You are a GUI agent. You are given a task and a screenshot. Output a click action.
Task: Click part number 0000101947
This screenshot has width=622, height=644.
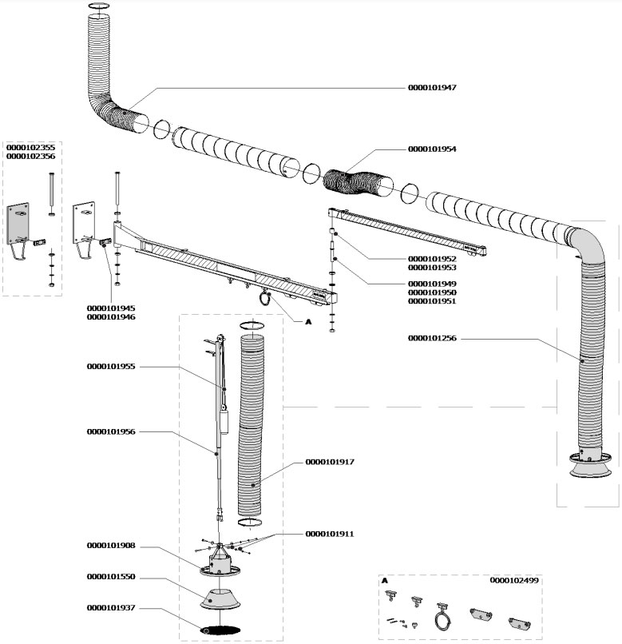(x=432, y=86)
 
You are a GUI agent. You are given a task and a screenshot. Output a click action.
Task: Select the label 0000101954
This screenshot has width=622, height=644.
(x=432, y=149)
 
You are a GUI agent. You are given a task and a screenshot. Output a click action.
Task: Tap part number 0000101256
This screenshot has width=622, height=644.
(x=432, y=339)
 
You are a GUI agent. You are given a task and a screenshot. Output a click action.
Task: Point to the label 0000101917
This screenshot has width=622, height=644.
(x=330, y=462)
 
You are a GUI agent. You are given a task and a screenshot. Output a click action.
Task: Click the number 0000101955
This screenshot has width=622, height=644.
(x=111, y=367)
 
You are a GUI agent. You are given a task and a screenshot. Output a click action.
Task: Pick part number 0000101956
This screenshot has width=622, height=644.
(x=111, y=431)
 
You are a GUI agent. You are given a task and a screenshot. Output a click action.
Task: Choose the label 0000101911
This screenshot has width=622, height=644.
(x=330, y=532)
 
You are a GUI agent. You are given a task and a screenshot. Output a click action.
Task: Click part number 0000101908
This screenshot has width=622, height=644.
(x=111, y=546)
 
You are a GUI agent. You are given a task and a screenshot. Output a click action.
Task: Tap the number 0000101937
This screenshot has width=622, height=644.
(x=111, y=608)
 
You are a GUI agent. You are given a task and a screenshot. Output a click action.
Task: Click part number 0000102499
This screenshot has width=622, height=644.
(x=514, y=580)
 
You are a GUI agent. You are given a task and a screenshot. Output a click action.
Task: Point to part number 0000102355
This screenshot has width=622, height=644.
(x=31, y=148)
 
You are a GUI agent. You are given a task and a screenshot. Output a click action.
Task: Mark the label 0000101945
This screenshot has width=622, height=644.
(x=111, y=308)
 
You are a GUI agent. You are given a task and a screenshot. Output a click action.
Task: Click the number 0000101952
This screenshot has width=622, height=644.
(x=432, y=260)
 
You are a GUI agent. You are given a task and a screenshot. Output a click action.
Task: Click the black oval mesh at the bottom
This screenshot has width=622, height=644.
(x=220, y=629)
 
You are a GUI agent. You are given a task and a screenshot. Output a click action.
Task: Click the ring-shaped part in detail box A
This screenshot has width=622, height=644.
(x=440, y=618)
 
